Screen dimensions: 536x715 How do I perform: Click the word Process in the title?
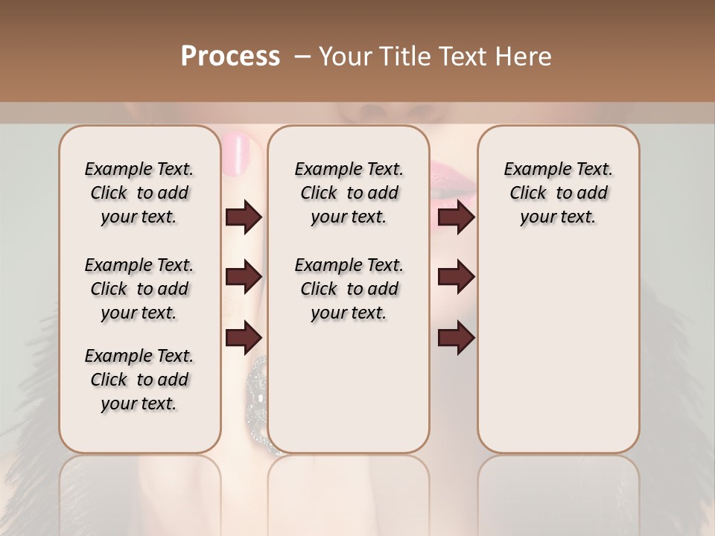point(230,57)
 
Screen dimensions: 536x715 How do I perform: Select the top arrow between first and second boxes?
point(244,217)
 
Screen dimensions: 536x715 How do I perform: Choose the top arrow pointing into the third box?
point(456,217)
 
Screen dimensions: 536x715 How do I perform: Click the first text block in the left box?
point(139,193)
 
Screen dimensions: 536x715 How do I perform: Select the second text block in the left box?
point(139,289)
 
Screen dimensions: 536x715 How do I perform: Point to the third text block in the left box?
point(139,380)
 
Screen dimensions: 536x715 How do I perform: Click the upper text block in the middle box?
point(349,193)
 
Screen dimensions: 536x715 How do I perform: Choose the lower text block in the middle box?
point(349,289)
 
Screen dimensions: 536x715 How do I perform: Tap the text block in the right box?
point(558,193)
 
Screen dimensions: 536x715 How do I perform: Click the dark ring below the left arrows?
point(257,387)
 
